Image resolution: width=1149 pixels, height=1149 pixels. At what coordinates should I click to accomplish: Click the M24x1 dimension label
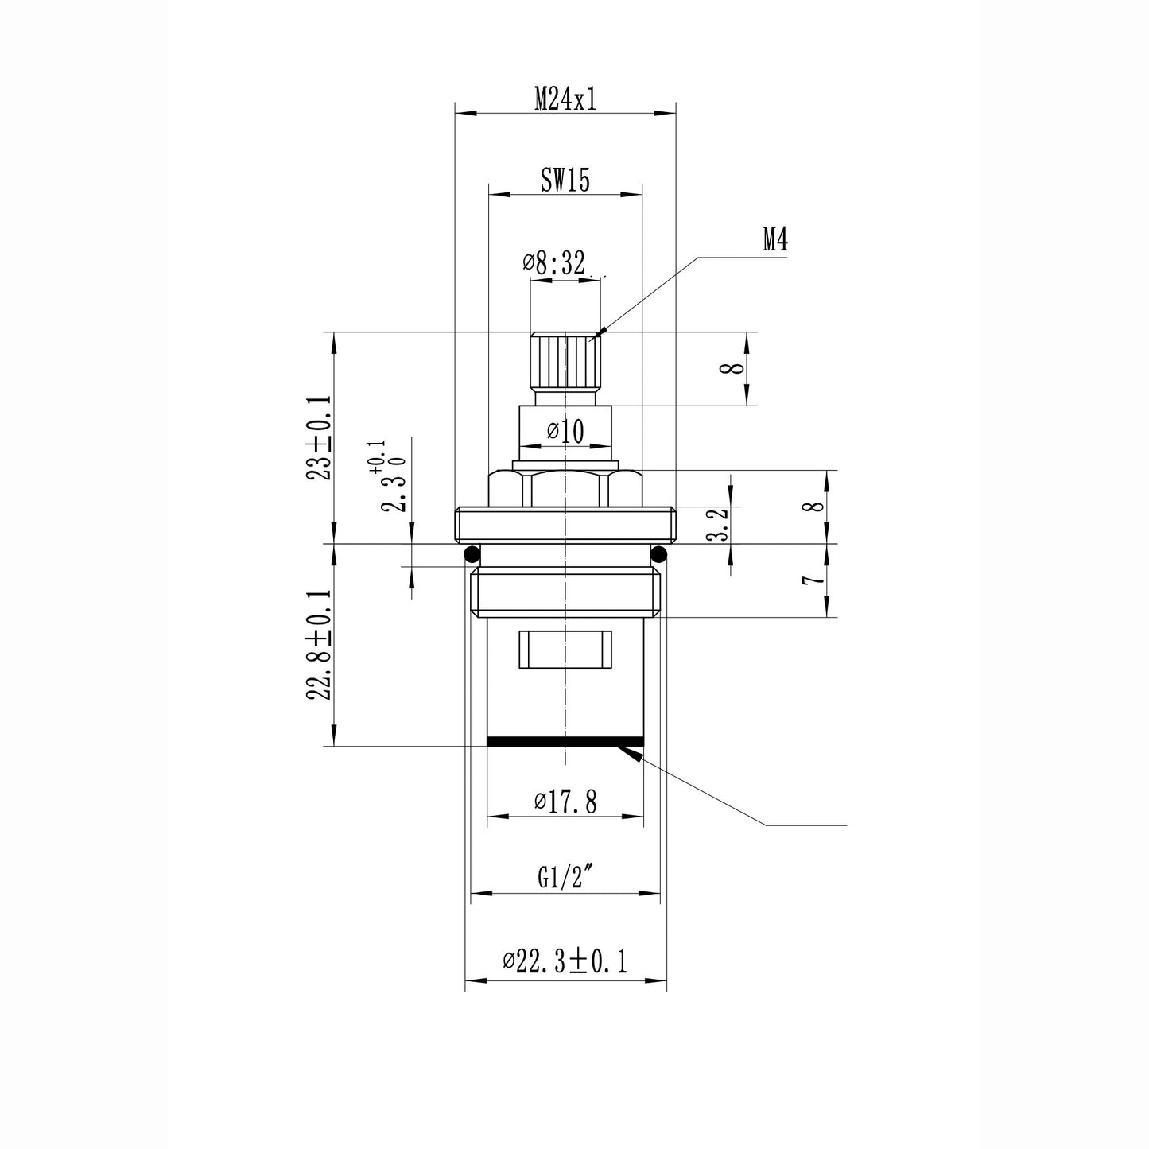click(565, 99)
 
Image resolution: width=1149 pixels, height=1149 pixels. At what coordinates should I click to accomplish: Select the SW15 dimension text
click(565, 181)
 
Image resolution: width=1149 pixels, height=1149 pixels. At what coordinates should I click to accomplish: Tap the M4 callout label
click(774, 239)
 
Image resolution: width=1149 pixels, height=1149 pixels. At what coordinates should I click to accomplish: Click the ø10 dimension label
click(565, 432)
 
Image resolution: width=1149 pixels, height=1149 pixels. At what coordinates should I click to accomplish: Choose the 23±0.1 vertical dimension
click(320, 438)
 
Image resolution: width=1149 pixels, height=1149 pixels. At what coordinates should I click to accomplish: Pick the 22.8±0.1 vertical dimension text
click(320, 645)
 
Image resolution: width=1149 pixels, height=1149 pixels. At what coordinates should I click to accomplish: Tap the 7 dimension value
click(812, 580)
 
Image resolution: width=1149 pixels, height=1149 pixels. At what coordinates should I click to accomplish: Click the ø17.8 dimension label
click(565, 802)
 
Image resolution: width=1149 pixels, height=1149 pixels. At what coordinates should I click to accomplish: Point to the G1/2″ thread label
click(565, 878)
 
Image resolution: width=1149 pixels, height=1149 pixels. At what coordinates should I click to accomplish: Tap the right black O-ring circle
click(659, 553)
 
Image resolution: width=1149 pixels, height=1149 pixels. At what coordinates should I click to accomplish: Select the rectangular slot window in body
click(565, 649)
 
